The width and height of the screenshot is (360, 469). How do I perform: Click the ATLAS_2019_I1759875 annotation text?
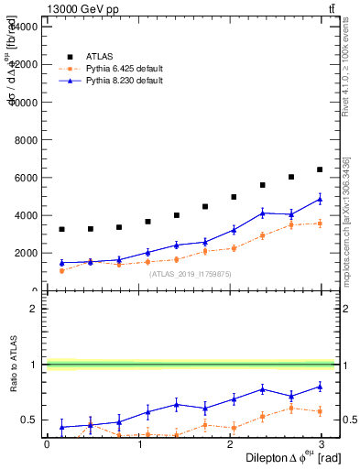tap(191, 274)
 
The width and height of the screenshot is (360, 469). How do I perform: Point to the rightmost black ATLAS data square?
tap(320, 169)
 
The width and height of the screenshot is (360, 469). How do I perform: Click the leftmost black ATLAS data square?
tap(61, 229)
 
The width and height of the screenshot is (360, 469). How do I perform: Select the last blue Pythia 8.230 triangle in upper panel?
tap(320, 199)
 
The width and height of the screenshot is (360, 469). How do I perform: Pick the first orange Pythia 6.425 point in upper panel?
tap(61, 270)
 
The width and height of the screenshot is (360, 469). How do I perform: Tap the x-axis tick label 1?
tap(137, 443)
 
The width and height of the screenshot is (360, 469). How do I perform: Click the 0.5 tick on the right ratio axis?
tap(349, 420)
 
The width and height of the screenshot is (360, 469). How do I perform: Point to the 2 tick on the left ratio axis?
tap(33, 309)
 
